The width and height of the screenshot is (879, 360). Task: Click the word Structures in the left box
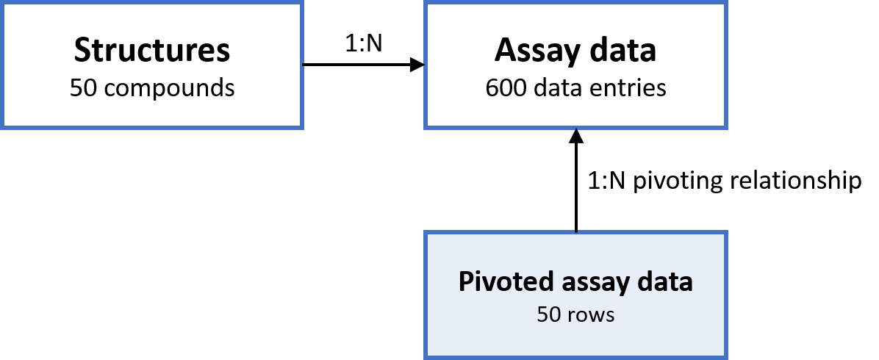click(x=152, y=51)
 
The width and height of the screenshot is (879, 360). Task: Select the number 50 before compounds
click(x=84, y=88)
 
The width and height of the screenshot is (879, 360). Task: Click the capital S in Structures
click(x=82, y=51)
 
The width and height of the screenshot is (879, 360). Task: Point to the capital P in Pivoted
click(x=465, y=282)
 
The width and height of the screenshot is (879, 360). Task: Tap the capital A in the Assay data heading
click(x=505, y=51)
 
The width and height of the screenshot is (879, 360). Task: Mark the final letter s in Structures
click(x=223, y=53)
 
